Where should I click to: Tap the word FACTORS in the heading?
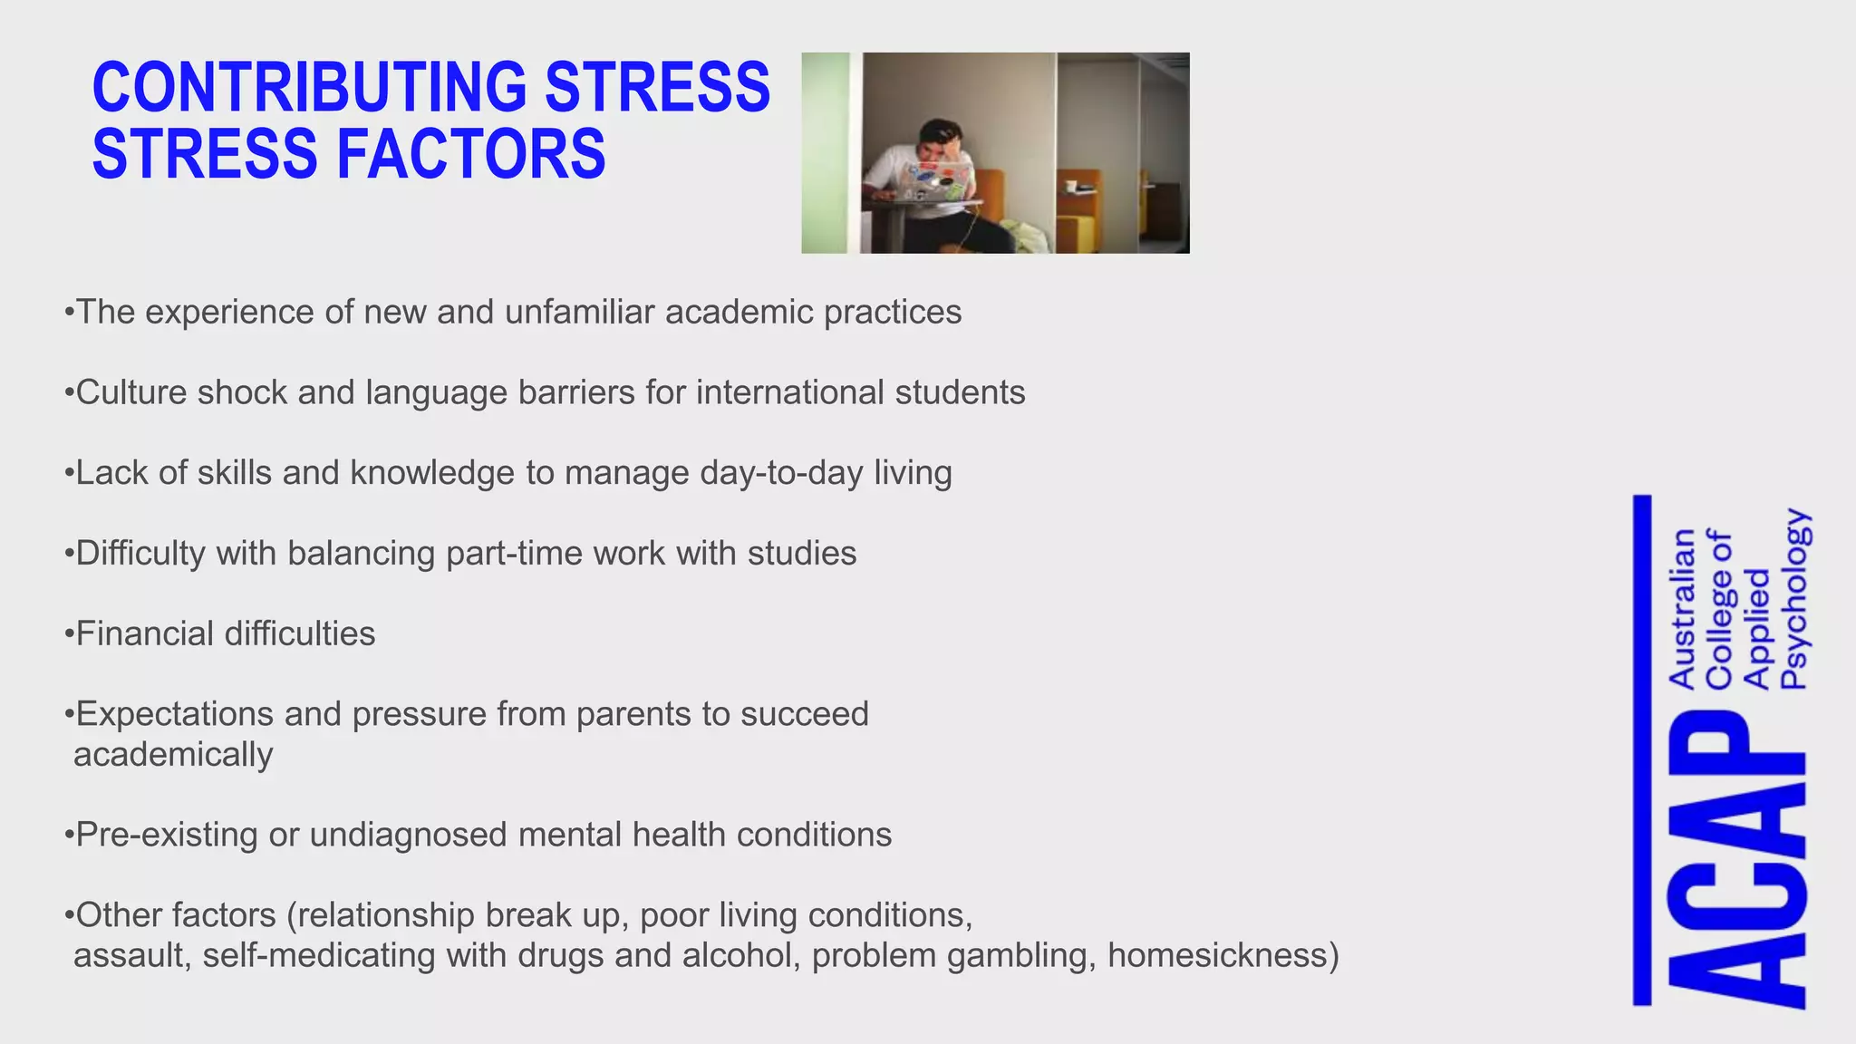[471, 154]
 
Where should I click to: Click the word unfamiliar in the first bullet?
[579, 312]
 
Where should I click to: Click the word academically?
[173, 754]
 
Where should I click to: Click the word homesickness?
[1223, 955]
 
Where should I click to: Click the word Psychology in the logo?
[1794, 599]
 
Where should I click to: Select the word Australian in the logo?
[1681, 609]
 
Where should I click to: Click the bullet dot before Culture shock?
[69, 393]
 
